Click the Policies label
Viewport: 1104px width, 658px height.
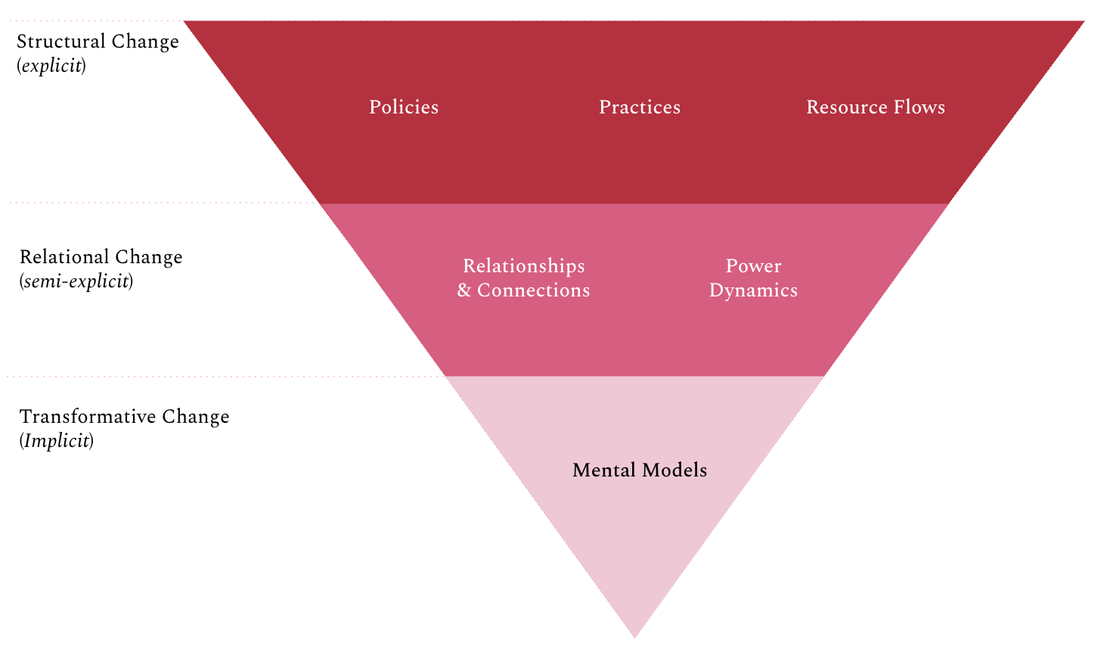403,107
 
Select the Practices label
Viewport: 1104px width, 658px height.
639,107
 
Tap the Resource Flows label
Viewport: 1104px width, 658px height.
875,107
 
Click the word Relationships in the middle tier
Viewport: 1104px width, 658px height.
523,266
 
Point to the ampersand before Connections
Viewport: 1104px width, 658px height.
464,290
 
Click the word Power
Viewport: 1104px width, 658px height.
753,266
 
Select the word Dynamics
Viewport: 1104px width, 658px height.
753,290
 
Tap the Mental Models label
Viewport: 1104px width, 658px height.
639,470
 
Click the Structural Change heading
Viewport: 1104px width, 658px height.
98,42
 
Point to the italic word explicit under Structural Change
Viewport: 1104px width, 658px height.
51,66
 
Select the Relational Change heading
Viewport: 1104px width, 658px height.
101,257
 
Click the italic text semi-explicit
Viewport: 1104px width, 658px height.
76,281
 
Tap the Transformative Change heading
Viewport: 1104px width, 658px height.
124,417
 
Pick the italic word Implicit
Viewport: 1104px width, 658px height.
57,441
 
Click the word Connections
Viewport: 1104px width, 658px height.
533,290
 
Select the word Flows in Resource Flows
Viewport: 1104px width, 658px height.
919,107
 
